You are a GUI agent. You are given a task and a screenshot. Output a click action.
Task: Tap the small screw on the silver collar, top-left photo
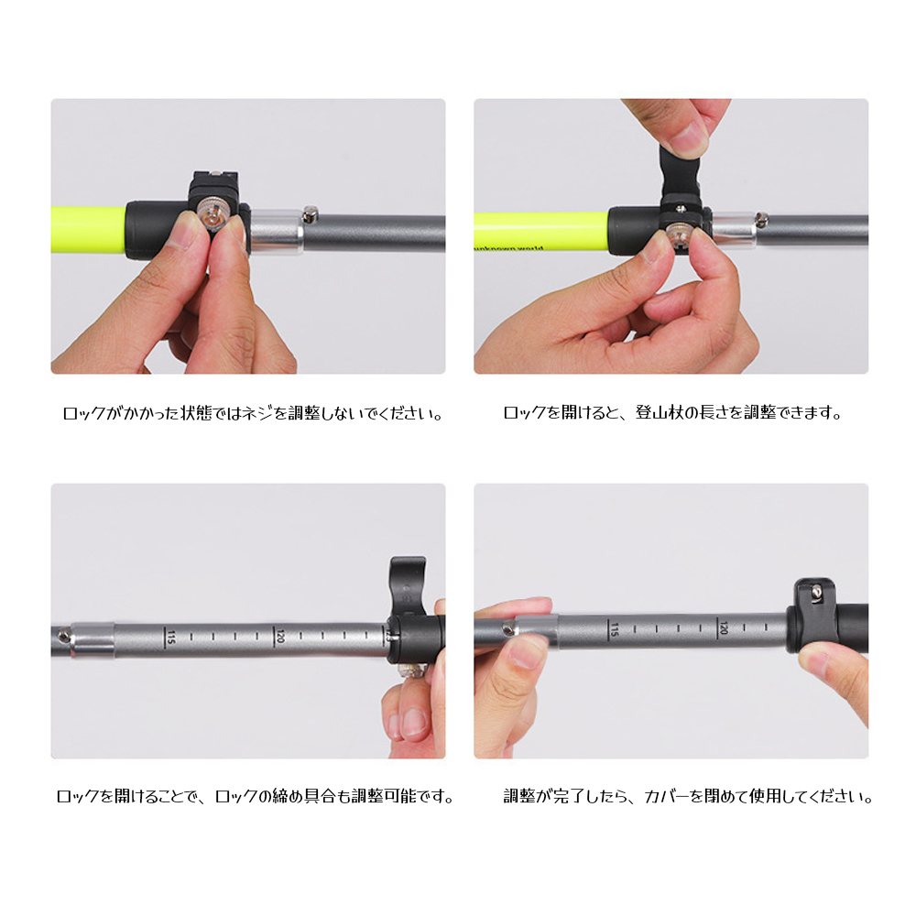311,214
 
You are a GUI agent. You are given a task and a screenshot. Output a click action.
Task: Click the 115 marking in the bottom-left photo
170,637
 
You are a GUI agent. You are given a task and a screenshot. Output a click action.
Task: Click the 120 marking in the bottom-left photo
279,636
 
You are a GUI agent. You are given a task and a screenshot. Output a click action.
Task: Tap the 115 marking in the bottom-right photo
614,628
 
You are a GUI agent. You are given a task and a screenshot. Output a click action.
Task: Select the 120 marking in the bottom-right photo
724,627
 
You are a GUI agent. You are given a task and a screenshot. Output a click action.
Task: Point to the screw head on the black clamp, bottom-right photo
816,593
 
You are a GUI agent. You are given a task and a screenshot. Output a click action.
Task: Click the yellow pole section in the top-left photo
88,230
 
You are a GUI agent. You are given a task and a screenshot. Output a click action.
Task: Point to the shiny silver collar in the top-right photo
735,228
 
